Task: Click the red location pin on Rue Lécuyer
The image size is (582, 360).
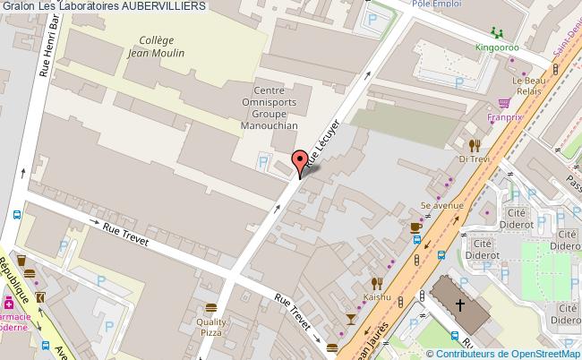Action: [299, 167]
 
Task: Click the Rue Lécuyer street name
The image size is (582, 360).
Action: [325, 142]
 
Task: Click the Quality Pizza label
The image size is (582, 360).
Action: [211, 327]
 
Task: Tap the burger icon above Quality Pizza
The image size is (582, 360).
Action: [211, 308]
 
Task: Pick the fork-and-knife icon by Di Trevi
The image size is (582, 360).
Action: [474, 144]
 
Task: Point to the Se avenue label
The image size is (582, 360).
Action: [441, 205]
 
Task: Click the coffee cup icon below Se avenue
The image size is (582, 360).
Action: [415, 227]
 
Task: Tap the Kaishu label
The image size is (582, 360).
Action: [377, 296]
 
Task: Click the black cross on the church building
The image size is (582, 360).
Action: [460, 304]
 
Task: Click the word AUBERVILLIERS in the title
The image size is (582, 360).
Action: [163, 5]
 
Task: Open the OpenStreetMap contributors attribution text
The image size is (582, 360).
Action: [514, 353]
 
